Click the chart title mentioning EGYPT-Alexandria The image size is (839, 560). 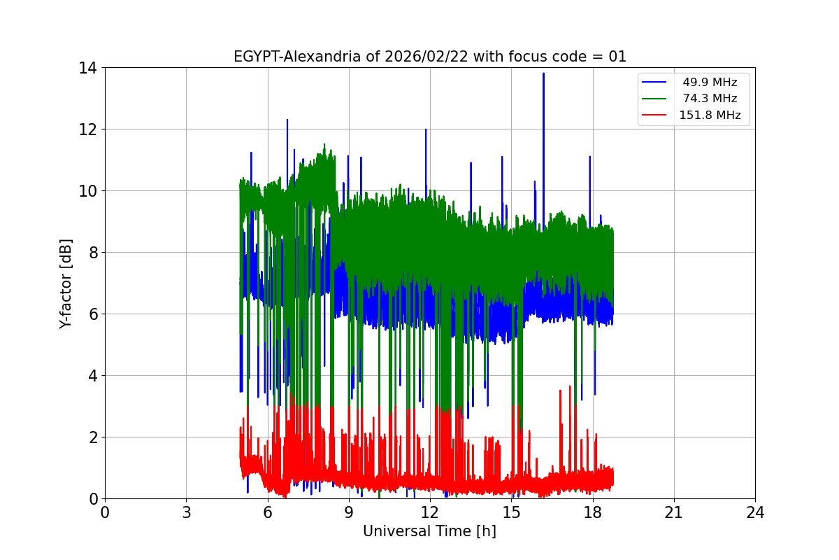(429, 57)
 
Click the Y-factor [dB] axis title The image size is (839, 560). (66, 283)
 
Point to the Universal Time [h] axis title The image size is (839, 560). (429, 531)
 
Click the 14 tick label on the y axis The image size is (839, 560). (87, 68)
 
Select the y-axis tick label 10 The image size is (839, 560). (87, 191)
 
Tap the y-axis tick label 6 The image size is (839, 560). (92, 314)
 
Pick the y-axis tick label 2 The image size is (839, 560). (92, 437)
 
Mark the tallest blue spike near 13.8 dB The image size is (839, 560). (543, 74)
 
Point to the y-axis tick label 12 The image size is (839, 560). (87, 129)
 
